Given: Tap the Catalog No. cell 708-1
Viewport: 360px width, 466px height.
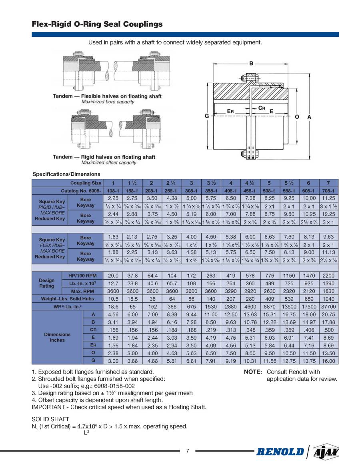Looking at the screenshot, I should pos(328,191).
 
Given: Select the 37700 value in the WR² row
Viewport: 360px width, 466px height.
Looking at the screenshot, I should pos(328,306).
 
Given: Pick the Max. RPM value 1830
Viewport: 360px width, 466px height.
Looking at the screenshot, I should pos(328,291).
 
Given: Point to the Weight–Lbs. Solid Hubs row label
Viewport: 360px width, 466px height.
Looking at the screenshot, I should pos(66,298).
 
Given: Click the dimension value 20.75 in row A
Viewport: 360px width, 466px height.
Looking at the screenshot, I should pos(328,314).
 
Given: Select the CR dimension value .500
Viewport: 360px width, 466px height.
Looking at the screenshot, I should pos(328,329).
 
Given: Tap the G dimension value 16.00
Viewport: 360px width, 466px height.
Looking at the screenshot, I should pos(328,360).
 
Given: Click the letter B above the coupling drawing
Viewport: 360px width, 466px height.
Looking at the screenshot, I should pos(251,63).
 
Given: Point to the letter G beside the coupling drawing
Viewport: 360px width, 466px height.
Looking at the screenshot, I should pos(207,116).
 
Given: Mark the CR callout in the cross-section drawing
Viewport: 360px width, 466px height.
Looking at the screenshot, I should pos(262,108).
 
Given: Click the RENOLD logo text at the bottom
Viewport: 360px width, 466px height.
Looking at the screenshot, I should pos(280,452).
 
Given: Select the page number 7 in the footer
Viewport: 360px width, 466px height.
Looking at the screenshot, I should pos(187,451).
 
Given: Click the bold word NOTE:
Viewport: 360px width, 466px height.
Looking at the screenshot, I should pos(253,372).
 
